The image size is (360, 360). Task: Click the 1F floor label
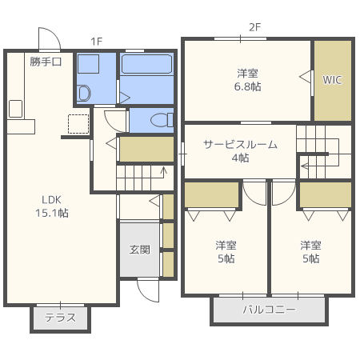click(96, 41)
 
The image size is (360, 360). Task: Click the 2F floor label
click(255, 27)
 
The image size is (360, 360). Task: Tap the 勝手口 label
click(46, 62)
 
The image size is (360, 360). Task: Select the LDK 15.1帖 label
click(51, 206)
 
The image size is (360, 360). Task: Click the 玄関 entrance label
click(140, 249)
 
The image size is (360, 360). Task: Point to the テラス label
click(60, 318)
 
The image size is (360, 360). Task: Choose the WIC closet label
click(332, 80)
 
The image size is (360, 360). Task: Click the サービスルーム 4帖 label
click(240, 151)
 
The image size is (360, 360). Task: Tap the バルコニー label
click(269, 309)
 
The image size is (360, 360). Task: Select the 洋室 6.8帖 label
click(248, 79)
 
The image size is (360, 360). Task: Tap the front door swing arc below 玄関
click(147, 289)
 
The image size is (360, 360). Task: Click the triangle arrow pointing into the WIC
click(305, 76)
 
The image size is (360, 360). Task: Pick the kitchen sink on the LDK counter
click(15, 108)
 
